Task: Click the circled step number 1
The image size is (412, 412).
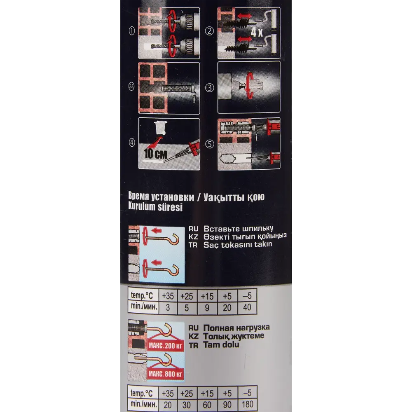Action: [132, 31]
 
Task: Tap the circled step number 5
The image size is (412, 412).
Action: [210, 144]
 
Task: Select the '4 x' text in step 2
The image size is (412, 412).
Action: [256, 32]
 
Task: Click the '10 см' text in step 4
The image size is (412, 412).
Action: [156, 154]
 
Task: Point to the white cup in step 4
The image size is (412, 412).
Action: [161, 128]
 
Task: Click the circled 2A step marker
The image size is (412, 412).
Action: [132, 87]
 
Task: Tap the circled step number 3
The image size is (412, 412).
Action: [210, 88]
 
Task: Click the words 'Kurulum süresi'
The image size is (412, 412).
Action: [155, 207]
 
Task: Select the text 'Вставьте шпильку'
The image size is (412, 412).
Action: [238, 228]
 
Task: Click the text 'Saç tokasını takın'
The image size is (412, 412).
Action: [238, 245]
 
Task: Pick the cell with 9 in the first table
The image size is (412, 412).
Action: [207, 307]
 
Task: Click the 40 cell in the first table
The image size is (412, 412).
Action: [247, 307]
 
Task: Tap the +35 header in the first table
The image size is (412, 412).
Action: [168, 296]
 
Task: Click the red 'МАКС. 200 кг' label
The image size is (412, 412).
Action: [166, 346]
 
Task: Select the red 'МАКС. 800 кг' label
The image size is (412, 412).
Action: [166, 374]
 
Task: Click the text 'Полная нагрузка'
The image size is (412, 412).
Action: [236, 328]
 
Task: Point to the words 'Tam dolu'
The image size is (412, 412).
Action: [221, 344]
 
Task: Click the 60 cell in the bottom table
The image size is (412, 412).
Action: [207, 405]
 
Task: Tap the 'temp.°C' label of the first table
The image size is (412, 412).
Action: [142, 295]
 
